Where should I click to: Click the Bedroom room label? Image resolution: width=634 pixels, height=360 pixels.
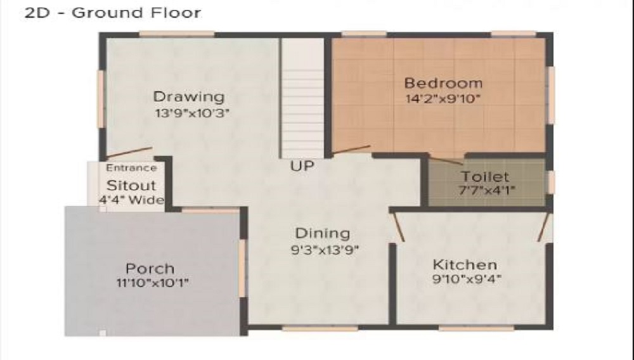443,83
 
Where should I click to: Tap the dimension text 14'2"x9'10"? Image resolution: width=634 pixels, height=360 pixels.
443,98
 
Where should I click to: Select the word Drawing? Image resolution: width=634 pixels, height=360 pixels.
189,97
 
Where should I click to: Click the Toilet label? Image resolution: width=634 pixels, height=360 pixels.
485,177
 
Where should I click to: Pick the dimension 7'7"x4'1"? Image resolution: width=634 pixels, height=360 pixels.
485,190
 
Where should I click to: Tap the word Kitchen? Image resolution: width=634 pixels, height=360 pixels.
465,264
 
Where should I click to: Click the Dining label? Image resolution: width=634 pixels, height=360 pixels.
323,233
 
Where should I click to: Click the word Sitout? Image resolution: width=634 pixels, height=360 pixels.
131,186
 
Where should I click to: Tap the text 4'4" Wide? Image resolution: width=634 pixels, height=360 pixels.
131,200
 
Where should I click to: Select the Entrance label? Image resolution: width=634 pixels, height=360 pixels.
131,168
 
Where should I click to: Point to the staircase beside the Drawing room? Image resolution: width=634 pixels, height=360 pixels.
302,98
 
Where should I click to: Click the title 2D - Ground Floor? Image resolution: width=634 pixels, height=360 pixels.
112,13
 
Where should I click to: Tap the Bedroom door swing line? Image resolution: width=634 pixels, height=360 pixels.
352,150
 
